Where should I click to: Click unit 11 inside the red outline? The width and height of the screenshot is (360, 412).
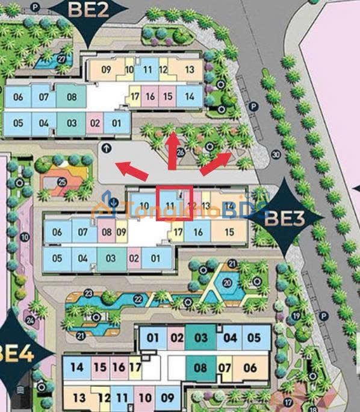pyautogui.click(x=170, y=205)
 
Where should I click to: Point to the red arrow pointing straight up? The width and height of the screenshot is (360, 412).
pyautogui.click(x=173, y=145)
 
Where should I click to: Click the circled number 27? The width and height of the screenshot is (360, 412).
pyautogui.click(x=61, y=58)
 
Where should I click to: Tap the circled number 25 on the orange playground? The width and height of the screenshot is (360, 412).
pyautogui.click(x=61, y=181)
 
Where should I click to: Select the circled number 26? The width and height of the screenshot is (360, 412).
pyautogui.click(x=181, y=152)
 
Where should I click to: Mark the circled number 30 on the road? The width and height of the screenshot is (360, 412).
pyautogui.click(x=276, y=154)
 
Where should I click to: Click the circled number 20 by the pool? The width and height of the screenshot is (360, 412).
pyautogui.click(x=227, y=282)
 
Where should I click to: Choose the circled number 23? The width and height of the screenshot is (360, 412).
pyautogui.click(x=88, y=293)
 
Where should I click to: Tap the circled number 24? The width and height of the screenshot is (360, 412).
pyautogui.click(x=30, y=320)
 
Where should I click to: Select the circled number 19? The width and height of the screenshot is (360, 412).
pyautogui.click(x=296, y=316)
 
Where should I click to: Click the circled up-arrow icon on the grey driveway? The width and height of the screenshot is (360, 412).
pyautogui.click(x=107, y=147)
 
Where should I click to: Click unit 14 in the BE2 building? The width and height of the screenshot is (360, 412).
pyautogui.click(x=190, y=96)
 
